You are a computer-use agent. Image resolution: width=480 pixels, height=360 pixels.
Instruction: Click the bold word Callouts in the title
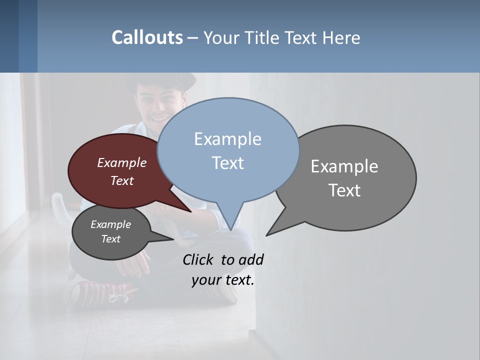tap(147, 37)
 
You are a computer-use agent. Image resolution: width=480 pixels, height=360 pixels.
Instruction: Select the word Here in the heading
tap(341, 38)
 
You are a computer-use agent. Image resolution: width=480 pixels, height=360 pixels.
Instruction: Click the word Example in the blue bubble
tap(227, 139)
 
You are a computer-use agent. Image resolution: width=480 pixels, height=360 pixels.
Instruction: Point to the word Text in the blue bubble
tap(227, 163)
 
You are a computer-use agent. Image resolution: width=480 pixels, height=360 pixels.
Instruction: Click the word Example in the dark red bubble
tap(121, 163)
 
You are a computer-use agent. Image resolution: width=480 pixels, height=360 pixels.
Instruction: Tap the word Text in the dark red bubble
tap(121, 180)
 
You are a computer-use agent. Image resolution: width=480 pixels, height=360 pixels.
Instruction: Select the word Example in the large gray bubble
tap(344, 166)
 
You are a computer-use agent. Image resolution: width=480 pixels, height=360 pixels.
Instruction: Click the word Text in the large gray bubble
tap(344, 190)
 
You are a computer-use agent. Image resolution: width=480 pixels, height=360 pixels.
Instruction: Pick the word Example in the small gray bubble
tap(110, 224)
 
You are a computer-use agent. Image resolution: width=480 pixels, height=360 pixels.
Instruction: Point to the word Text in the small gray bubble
tap(110, 239)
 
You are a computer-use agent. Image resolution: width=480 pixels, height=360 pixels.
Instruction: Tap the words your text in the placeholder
tap(222, 280)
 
